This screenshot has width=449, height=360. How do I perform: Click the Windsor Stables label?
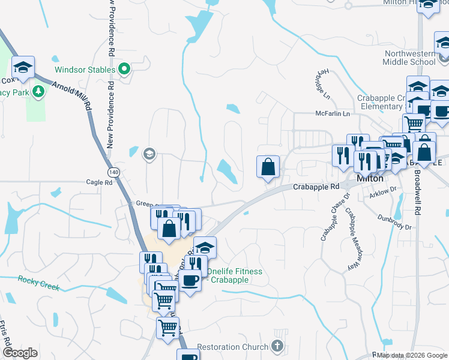[x=85, y=70]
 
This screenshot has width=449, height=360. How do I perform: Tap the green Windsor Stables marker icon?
[x=125, y=70]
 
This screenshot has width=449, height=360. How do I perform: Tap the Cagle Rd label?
[x=99, y=182]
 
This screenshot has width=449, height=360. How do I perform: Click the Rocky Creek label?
[x=38, y=283]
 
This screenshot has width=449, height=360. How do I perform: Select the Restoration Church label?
[x=233, y=347]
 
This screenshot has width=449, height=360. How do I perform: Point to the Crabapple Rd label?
[x=316, y=187]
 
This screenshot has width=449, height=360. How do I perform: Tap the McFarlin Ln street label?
[x=333, y=113]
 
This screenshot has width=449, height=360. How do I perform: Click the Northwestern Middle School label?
[x=410, y=57]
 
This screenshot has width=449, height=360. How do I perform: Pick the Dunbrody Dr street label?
[x=394, y=222]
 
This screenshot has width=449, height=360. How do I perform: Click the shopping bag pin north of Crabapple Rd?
[x=268, y=166]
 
